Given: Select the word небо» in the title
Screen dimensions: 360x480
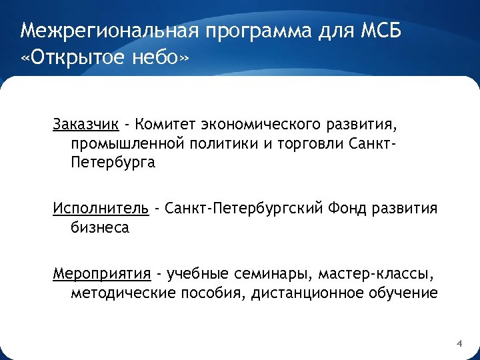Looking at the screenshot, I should click(x=160, y=60).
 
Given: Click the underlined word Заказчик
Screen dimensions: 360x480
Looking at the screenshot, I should click(x=87, y=124).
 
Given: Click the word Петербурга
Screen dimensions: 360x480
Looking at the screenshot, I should click(x=112, y=163).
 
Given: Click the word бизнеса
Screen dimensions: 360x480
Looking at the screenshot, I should click(x=100, y=228).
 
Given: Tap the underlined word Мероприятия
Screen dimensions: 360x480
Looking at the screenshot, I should click(x=103, y=273).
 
